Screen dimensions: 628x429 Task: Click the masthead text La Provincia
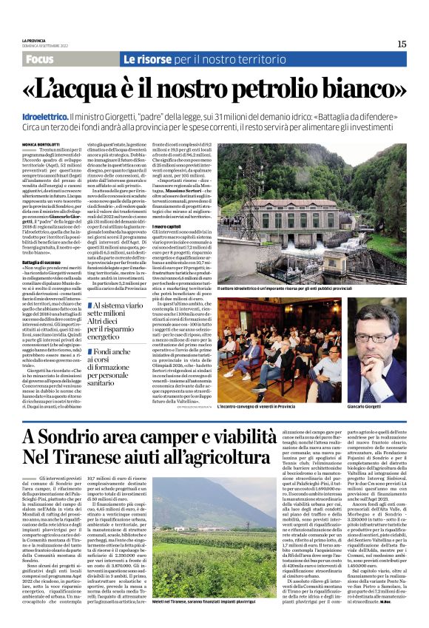(x=33, y=39)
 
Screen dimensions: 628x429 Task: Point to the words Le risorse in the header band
(x=148, y=58)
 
